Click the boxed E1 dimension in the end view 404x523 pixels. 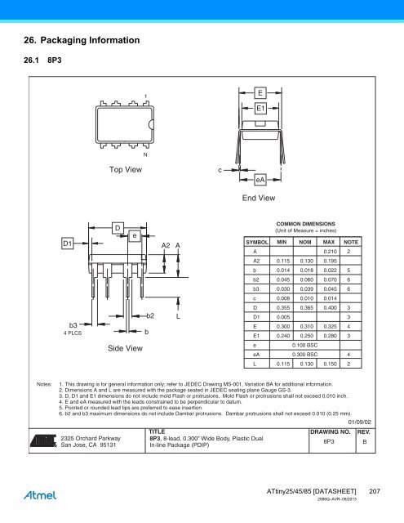(260, 108)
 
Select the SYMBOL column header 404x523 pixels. (258, 244)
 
